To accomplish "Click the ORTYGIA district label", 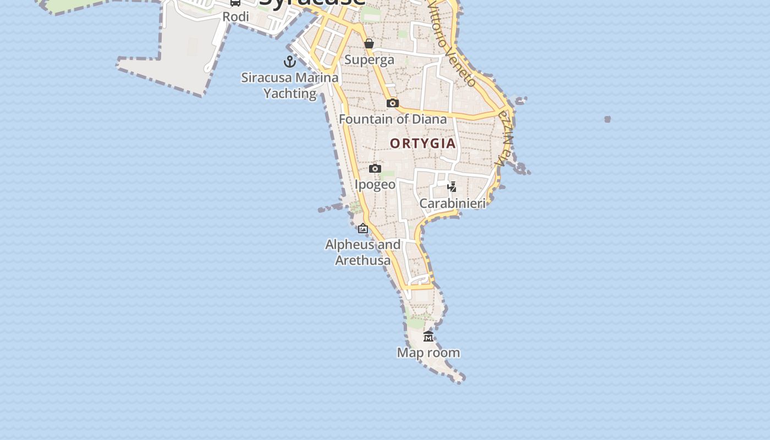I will click(423, 144).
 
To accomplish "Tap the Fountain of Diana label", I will click(393, 119).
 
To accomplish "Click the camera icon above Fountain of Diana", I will click(392, 103).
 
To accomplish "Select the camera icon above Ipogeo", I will click(375, 168).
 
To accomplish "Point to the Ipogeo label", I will click(375, 184).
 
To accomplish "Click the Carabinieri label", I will click(453, 204).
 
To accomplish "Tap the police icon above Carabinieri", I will click(452, 186).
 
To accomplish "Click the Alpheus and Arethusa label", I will click(363, 252).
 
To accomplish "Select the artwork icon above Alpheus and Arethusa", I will click(363, 228).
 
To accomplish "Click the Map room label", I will click(428, 353).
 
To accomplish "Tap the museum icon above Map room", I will click(428, 337).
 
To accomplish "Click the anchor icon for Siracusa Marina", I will click(290, 61).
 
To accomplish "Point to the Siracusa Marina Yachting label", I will click(290, 85).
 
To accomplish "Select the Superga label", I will click(369, 59).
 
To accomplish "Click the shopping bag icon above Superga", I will click(369, 43).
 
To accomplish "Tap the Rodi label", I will click(235, 16).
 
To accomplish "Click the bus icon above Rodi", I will click(235, 3).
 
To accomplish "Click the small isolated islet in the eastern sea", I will click(607, 119).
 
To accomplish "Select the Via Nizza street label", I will click(504, 139).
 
